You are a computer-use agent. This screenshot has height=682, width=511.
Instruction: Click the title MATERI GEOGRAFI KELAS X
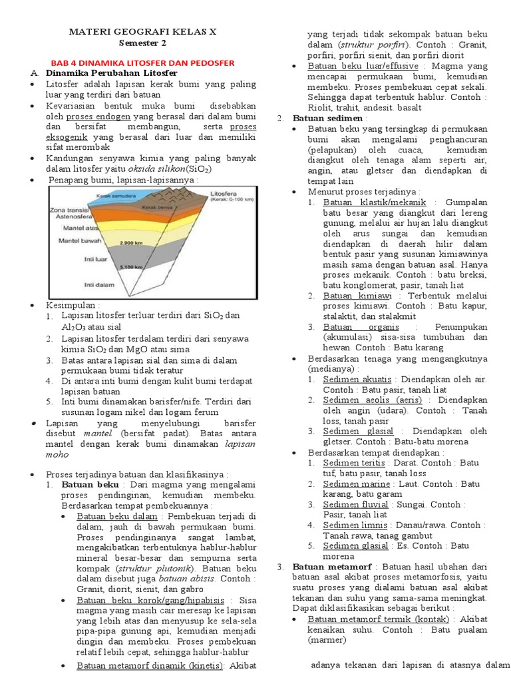[x=144, y=31]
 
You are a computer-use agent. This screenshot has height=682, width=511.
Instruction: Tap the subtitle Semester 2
[x=144, y=44]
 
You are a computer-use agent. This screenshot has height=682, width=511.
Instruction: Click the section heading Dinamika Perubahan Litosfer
[x=116, y=72]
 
